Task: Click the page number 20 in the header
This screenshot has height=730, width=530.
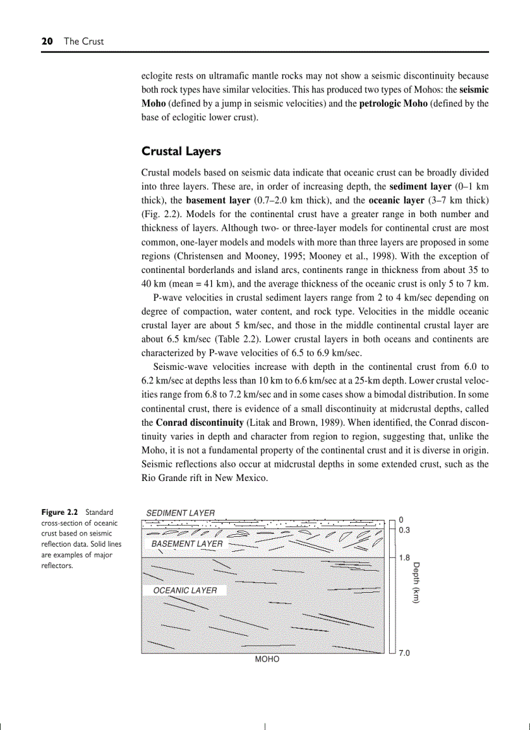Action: click(x=47, y=41)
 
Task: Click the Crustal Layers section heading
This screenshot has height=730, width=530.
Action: click(x=181, y=151)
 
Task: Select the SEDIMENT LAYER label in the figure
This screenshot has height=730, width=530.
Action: click(x=180, y=513)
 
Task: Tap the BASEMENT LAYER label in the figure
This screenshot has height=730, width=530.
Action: click(x=187, y=543)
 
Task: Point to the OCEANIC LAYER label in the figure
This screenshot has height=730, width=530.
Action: click(x=185, y=590)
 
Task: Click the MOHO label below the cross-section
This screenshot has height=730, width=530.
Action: click(x=267, y=659)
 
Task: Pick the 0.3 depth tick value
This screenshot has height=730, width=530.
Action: click(x=404, y=530)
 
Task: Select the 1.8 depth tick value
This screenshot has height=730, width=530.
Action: click(x=404, y=558)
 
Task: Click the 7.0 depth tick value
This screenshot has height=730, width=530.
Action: click(x=404, y=652)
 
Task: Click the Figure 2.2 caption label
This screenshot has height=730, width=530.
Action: click(x=61, y=512)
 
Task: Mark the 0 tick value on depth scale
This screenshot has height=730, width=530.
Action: click(x=401, y=519)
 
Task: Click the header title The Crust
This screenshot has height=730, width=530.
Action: click(x=83, y=41)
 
